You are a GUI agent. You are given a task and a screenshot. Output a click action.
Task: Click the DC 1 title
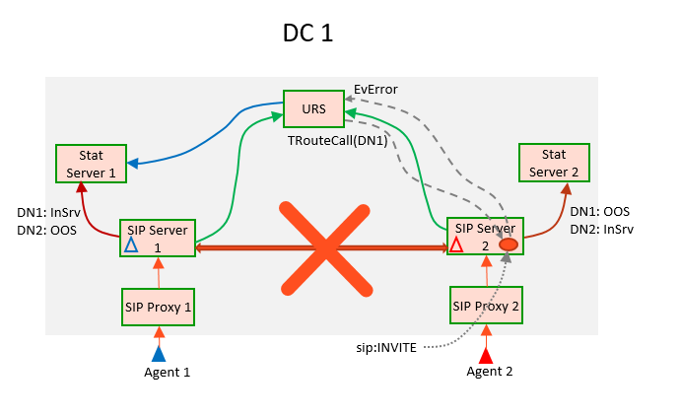click(308, 33)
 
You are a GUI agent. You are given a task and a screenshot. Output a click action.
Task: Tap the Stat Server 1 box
click(91, 164)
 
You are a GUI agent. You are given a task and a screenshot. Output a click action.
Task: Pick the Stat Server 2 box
click(554, 163)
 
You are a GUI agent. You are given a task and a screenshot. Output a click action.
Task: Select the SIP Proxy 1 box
click(158, 306)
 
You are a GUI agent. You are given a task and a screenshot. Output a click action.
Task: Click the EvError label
click(375, 89)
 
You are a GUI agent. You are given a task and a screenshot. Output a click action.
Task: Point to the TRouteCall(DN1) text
click(329, 141)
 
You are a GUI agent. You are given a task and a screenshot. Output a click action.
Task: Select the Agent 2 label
click(490, 372)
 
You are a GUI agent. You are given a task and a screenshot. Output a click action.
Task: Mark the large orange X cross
click(319, 247)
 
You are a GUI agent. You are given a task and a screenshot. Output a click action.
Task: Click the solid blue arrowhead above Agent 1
click(159, 353)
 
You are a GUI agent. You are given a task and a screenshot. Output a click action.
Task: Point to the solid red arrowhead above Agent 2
click(485, 354)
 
